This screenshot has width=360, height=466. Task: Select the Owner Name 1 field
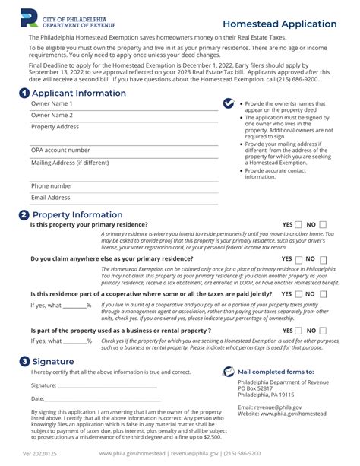click(122, 104)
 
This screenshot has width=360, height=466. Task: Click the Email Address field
click(122, 198)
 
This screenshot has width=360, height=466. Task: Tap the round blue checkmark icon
click(228, 103)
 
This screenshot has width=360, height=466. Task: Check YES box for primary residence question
click(298, 225)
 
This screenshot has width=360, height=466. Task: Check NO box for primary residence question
click(323, 225)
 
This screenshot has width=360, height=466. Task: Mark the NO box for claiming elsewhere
click(323, 259)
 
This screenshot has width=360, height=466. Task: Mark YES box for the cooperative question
click(298, 293)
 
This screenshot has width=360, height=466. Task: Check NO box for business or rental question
click(323, 331)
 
